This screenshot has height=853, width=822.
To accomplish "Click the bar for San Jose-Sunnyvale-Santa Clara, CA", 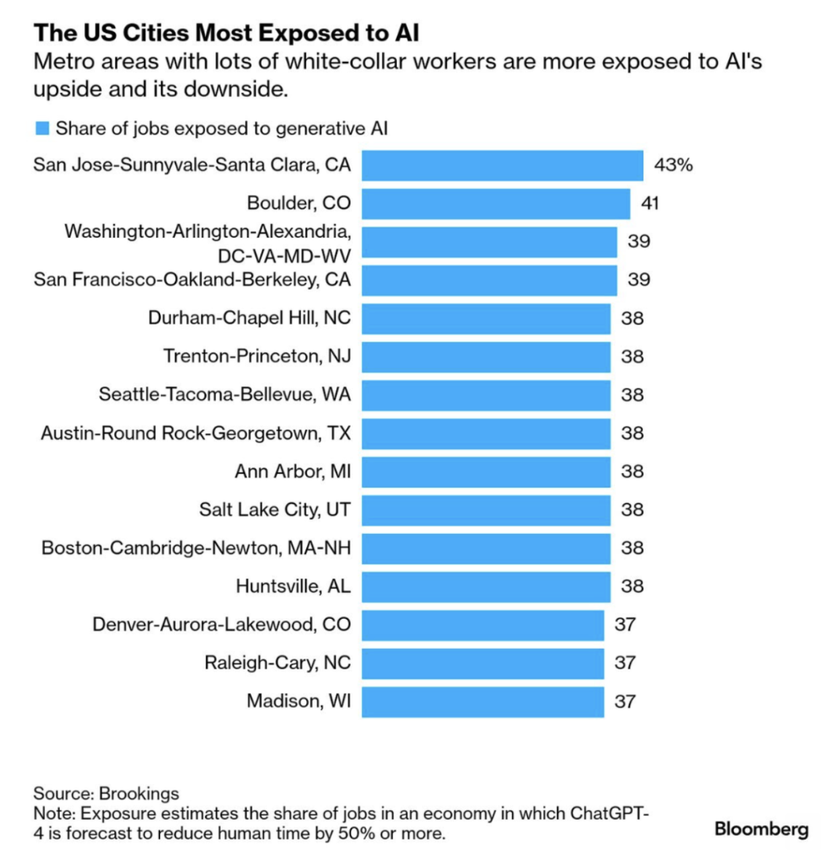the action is pos(502,165).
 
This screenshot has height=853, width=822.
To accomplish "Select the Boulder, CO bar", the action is pos(496,203).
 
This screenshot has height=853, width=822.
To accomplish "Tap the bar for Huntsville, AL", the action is pos(486,587).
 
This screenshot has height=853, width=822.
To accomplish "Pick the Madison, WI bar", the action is pos(483,702).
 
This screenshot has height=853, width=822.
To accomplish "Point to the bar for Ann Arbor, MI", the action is pos(486,472).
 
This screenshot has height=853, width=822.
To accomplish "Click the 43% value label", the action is pos(673,165).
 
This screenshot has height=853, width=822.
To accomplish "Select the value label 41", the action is pos(650,203).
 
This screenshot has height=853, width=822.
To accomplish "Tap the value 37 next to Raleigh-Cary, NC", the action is pos(625,663).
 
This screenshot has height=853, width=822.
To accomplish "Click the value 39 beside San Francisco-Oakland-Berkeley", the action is pos(639,280).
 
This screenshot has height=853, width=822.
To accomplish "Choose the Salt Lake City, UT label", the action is pos(275,510).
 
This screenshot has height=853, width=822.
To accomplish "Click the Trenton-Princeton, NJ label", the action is pos(258,356).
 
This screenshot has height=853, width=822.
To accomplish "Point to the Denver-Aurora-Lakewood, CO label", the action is pos(222,625).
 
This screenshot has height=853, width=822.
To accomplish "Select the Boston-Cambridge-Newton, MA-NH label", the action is pos(196,548).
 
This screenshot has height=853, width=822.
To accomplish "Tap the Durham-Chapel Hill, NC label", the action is pos(250,318).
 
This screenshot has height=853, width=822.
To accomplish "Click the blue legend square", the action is pos(42,128).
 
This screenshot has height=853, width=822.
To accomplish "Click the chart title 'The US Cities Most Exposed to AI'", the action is pos(226,33).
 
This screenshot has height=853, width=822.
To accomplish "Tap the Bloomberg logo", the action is pos(761,829).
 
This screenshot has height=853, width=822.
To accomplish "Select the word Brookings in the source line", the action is pos(139,794).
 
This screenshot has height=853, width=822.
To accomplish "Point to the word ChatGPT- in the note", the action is pos(609,813).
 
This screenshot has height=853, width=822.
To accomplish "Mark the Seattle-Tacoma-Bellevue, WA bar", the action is pos(486,395).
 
